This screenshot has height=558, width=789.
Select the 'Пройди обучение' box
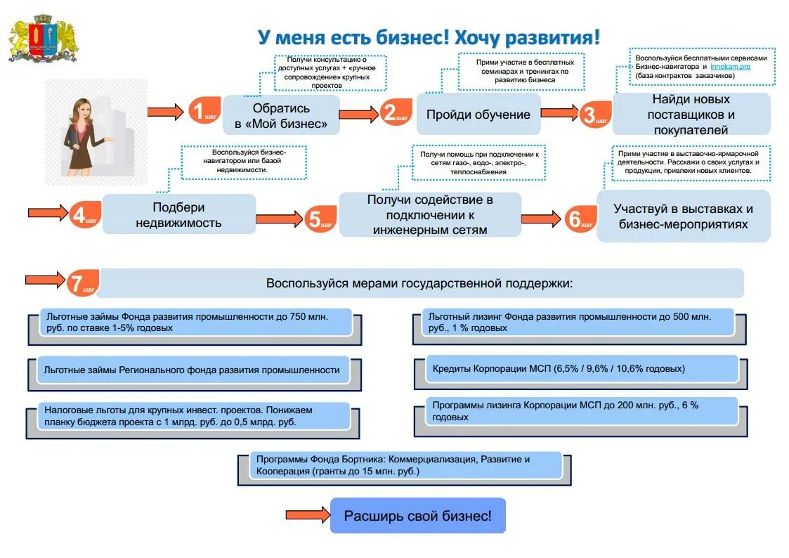[478, 114]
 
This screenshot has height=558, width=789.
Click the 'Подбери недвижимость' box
[179, 215]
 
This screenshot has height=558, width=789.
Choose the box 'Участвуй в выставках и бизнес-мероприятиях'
[683, 216]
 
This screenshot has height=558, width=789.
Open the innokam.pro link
[730, 66]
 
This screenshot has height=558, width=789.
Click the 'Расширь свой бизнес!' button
[417, 517]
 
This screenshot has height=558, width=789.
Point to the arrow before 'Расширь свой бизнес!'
[307, 515]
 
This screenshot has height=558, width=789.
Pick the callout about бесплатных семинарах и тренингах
[521, 71]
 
